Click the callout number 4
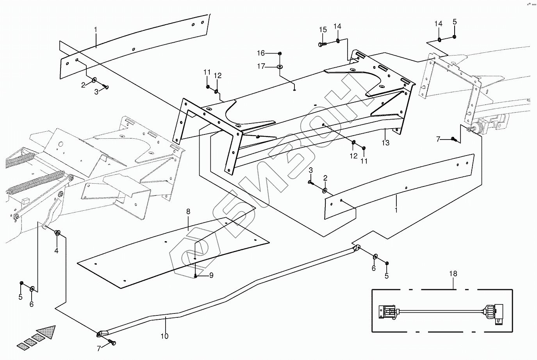click(x=56, y=251)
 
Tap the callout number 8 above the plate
click(x=188, y=211)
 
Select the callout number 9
click(x=211, y=275)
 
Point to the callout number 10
click(x=164, y=336)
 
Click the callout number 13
click(x=385, y=143)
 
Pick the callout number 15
click(x=323, y=30)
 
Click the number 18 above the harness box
click(x=453, y=274)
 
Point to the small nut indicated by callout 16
click(x=280, y=53)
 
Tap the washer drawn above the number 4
click(x=57, y=233)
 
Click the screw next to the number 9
click(x=195, y=276)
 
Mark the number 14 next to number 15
click(x=337, y=26)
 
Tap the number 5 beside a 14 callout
click(x=455, y=21)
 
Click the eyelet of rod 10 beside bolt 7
click(x=102, y=333)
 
